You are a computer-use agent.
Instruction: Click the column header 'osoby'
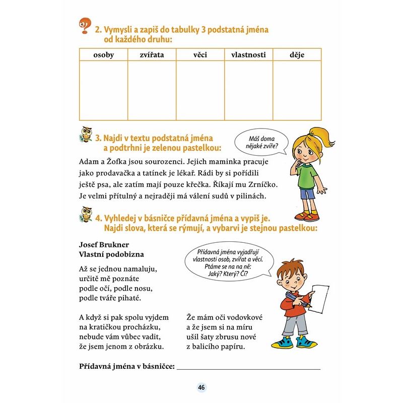point(104,54)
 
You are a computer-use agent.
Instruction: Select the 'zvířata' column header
point(152,54)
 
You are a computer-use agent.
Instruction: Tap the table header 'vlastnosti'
point(248,54)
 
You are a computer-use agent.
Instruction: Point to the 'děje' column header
point(297,54)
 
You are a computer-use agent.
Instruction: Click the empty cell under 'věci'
point(200,90)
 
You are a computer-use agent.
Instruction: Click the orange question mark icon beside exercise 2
point(85,26)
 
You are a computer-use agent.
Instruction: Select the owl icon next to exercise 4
point(86,216)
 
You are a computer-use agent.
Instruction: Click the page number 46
point(201,387)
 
